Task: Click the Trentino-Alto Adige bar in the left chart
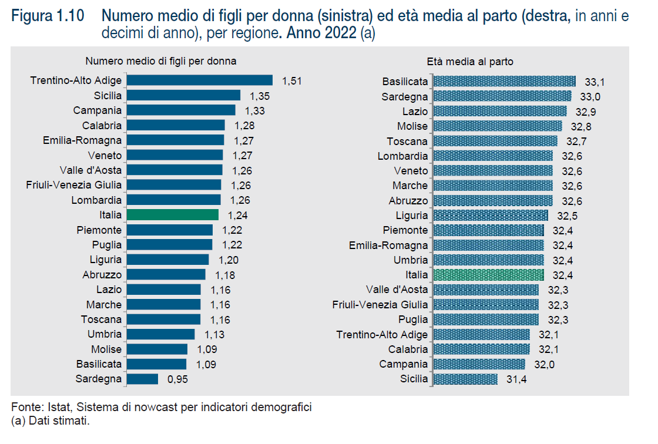coord(200,80)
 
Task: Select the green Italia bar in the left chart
coord(173,215)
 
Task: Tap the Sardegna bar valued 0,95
coord(143,379)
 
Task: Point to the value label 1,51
coord(291,80)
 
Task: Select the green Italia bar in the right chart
coord(488,275)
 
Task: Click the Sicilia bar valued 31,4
coord(465,379)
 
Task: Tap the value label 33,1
coord(595,82)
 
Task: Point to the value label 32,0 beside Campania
coord(544,364)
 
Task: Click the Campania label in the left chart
coord(98,110)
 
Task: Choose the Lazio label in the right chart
coord(415,111)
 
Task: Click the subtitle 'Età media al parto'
coord(470,62)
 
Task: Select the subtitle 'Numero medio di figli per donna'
coord(161,61)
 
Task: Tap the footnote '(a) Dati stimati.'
coord(51,421)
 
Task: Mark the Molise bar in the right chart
coord(496,126)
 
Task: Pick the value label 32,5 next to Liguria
coord(566,216)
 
